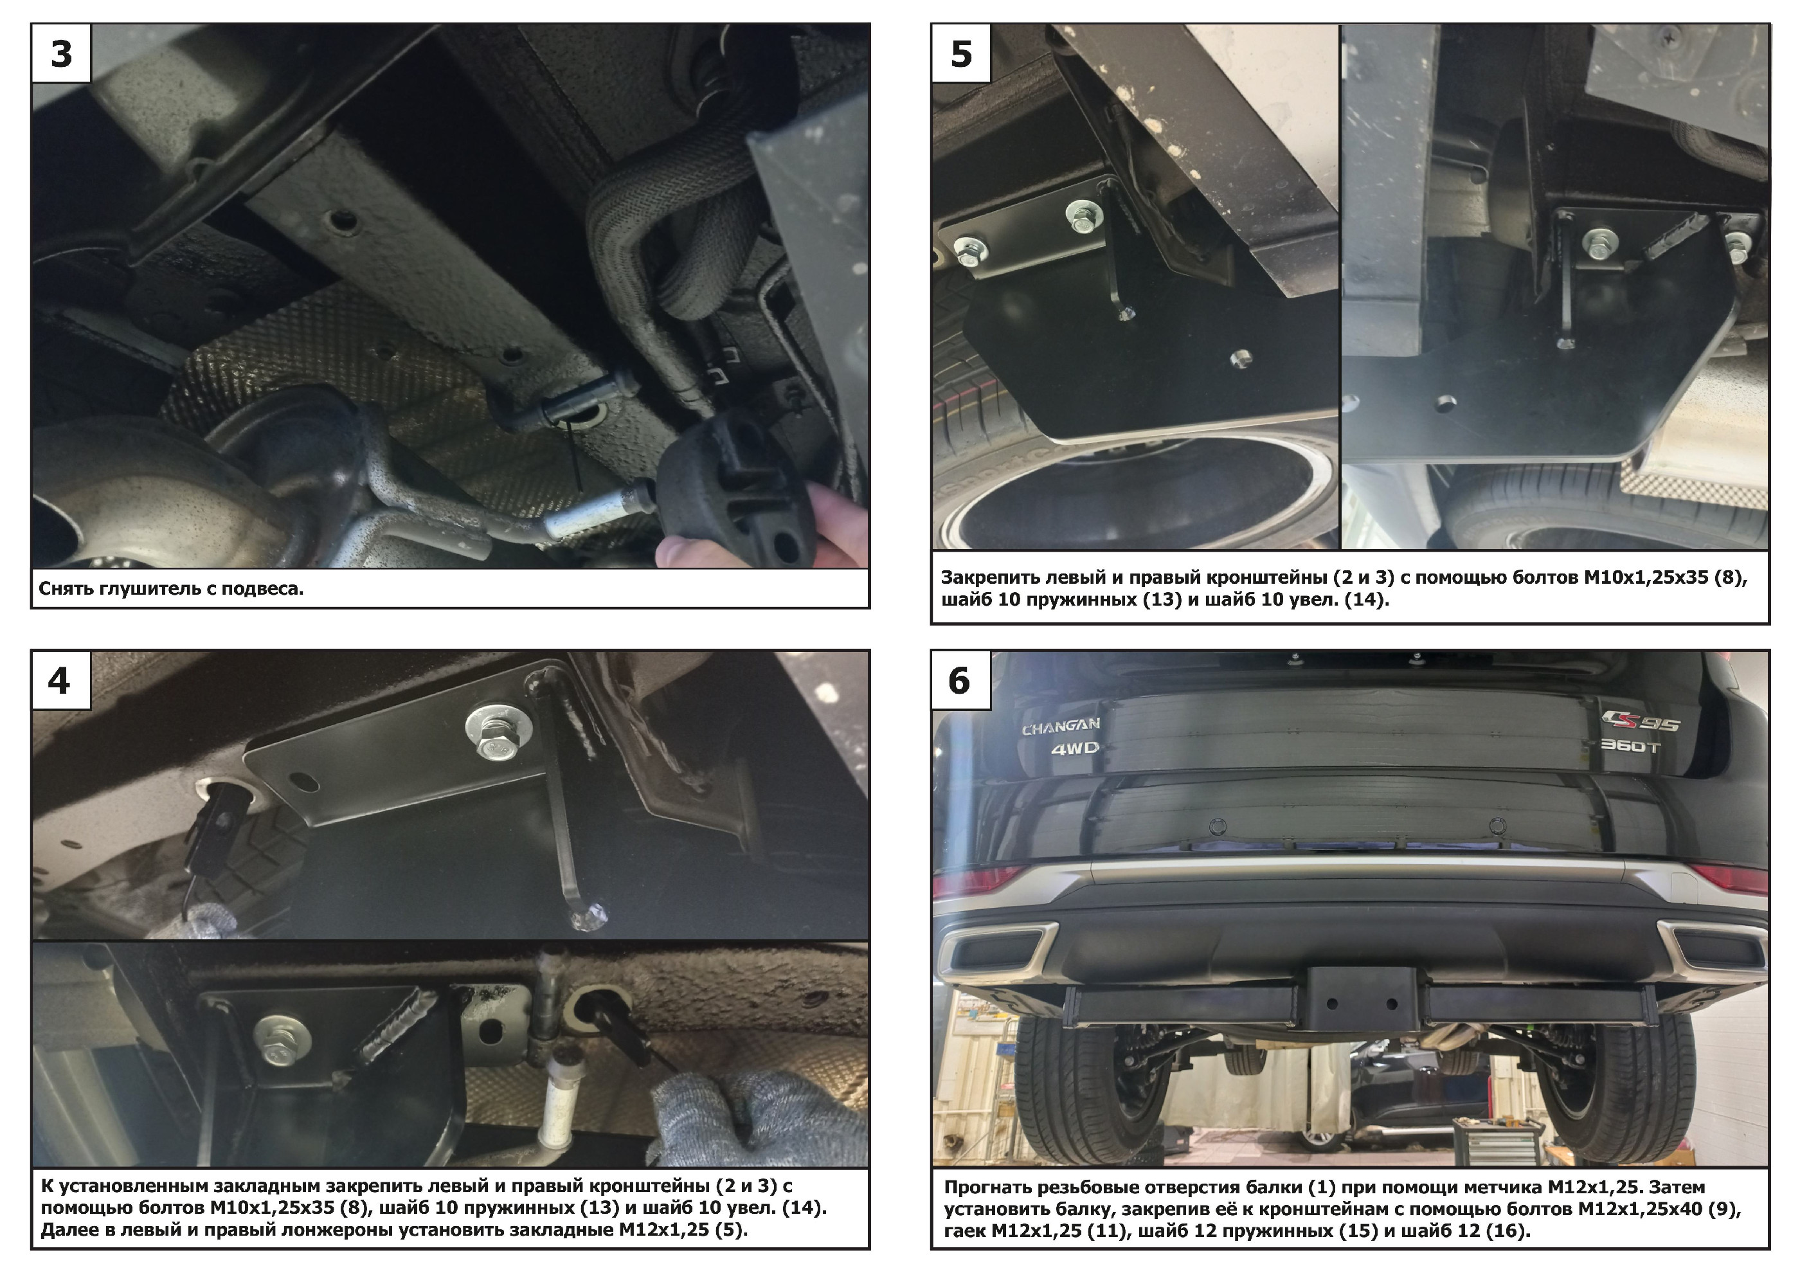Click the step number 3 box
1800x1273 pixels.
click(62, 53)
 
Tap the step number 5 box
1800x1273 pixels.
click(961, 53)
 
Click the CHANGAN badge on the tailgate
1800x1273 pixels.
click(1061, 726)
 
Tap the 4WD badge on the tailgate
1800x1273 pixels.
click(1075, 748)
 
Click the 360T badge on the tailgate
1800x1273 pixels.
click(1629, 745)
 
